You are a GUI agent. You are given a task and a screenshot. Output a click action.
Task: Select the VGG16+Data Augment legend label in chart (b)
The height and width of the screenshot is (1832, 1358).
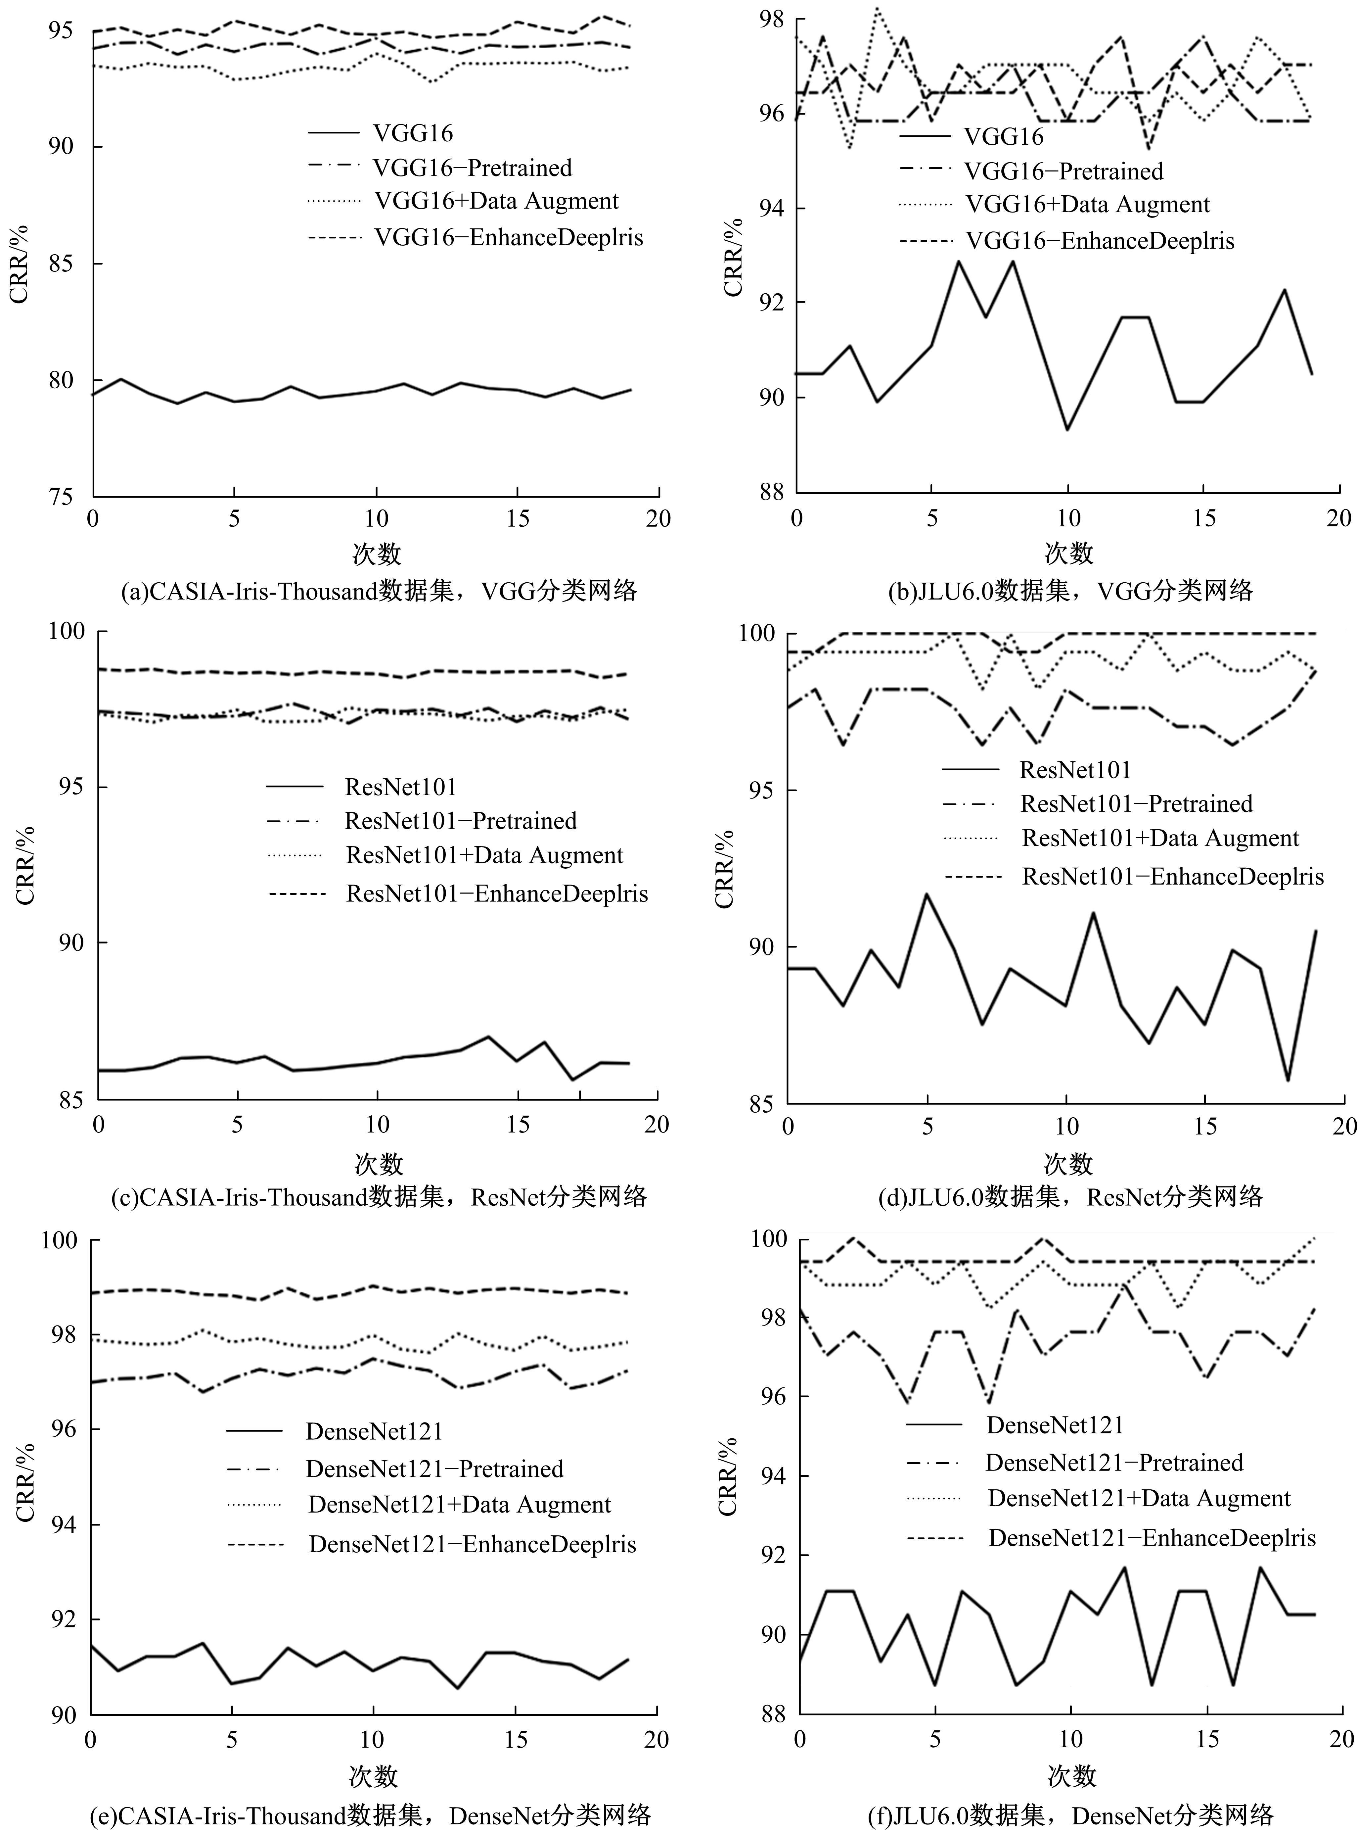tap(1087, 205)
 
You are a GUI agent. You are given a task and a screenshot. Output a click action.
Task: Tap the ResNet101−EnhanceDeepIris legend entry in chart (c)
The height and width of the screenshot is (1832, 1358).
tap(496, 894)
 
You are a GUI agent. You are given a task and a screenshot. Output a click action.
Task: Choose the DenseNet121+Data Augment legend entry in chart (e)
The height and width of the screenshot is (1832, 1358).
tap(459, 1505)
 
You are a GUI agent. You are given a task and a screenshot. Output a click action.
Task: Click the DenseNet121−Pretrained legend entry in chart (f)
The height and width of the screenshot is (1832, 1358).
tap(1114, 1463)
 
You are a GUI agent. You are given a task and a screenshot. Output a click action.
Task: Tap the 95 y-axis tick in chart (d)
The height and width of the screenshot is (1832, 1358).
tap(761, 790)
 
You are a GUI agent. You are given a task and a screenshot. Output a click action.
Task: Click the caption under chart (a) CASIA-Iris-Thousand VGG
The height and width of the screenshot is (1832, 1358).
tap(379, 591)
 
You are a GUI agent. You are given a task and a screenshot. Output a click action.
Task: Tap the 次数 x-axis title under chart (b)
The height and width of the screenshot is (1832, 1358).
tap(1069, 553)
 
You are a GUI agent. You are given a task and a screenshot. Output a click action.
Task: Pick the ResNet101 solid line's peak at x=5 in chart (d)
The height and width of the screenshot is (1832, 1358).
tap(927, 894)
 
